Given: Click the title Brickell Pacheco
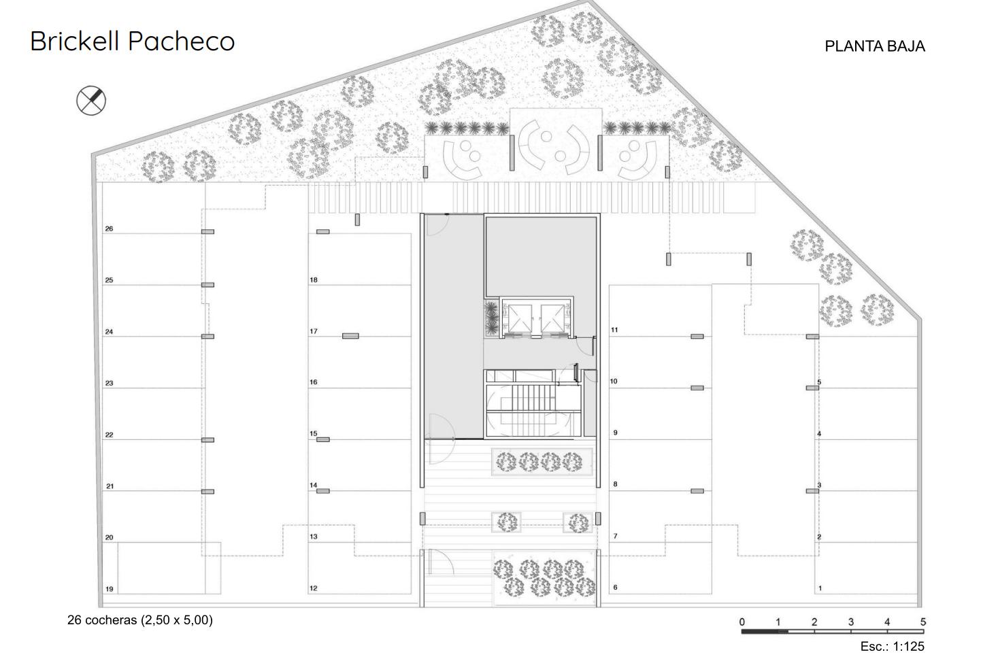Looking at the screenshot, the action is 133,41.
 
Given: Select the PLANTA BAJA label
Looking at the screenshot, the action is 875,46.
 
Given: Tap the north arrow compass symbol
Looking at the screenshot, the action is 91,100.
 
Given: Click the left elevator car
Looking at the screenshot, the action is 520,319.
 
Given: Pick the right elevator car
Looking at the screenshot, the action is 552,319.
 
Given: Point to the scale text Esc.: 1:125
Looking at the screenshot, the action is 893,646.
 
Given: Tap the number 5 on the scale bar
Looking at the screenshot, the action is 923,622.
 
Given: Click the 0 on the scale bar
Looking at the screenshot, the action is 742,622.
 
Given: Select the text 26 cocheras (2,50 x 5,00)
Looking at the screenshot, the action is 140,620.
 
